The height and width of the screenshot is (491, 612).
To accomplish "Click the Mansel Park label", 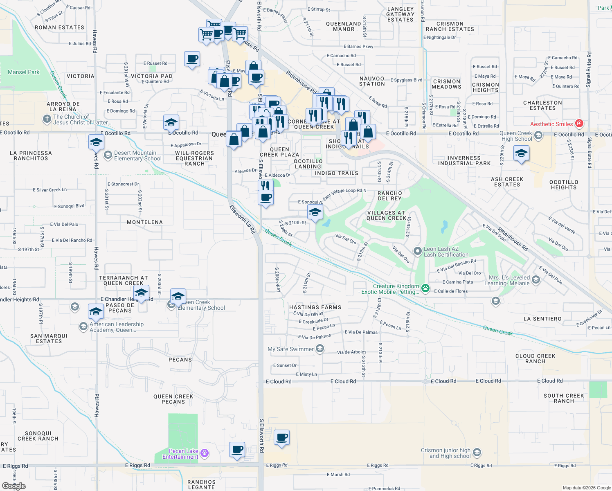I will [x=24, y=72].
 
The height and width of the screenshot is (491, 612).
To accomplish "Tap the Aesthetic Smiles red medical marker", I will [x=579, y=124].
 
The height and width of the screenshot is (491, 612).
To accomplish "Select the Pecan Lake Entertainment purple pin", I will [x=205, y=453].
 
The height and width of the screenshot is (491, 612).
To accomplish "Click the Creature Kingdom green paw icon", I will [x=425, y=288].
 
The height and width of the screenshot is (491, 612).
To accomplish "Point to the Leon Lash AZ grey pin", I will [x=417, y=251].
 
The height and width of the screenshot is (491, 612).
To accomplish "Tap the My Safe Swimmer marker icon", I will [x=320, y=349].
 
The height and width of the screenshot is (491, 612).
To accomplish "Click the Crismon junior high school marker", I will [x=477, y=453].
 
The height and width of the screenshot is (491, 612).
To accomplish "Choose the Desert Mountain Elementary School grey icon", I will [x=108, y=155].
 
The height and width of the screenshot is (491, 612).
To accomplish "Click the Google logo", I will [x=13, y=486].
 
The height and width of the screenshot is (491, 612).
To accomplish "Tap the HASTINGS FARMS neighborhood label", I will [x=315, y=307].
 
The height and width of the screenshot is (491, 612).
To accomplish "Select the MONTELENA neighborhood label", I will [x=145, y=222].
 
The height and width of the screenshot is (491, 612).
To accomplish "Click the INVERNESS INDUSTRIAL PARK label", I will [x=464, y=160].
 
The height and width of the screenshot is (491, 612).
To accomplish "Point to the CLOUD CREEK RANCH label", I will [x=535, y=358].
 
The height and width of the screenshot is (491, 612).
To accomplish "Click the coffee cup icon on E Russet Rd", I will [x=192, y=59].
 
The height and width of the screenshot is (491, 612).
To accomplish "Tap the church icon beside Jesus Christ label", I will [x=47, y=119].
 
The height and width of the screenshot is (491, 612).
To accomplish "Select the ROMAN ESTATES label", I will [x=59, y=27].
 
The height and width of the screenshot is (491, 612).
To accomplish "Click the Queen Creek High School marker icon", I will [x=538, y=135].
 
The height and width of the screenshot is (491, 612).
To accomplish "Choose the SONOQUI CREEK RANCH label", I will [x=38, y=436].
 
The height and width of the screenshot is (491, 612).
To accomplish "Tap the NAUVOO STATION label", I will [x=372, y=81].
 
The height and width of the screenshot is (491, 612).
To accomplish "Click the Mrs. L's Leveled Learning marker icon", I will [x=536, y=280].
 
